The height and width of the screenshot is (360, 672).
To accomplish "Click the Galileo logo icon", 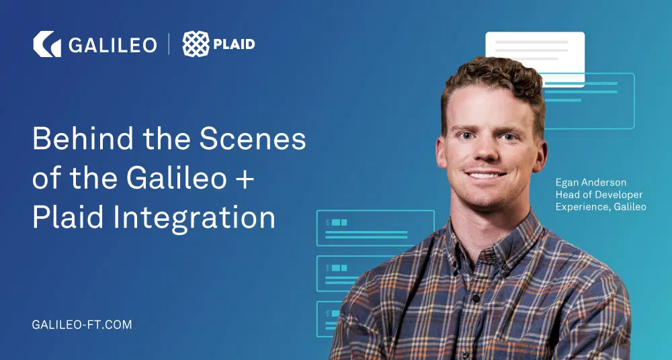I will [47, 44].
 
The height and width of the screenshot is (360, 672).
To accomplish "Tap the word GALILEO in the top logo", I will [112, 45].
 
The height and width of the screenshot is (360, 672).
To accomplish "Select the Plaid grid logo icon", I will [196, 44].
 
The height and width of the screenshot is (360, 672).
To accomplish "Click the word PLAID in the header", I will [234, 45].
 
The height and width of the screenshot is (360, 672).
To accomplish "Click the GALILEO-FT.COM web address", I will [82, 324].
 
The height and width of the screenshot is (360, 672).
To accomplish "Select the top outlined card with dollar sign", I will [375, 228].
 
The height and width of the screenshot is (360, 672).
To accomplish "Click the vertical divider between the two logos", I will [169, 45].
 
